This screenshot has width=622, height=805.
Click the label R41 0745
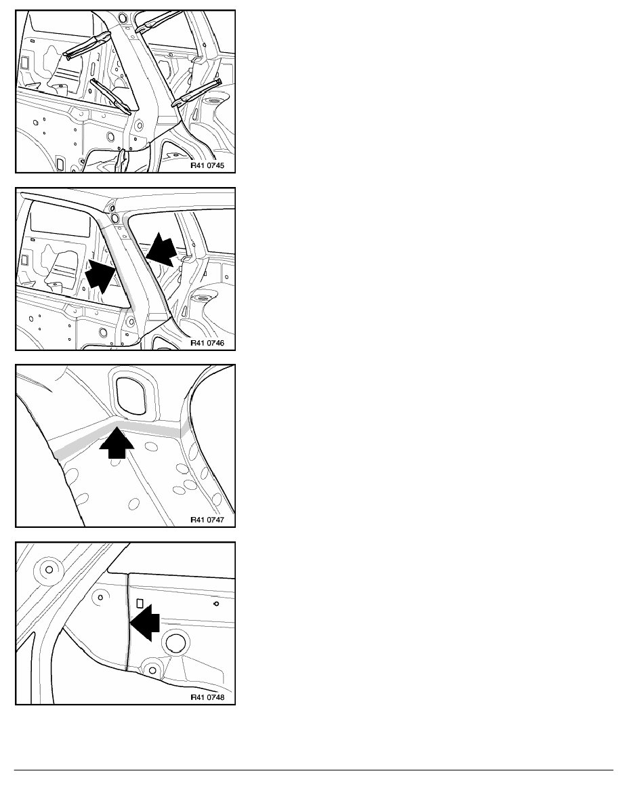[x=207, y=165]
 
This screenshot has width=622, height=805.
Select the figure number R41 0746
[x=207, y=342]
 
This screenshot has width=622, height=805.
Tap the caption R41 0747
[x=207, y=520]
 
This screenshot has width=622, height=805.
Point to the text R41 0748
[x=207, y=697]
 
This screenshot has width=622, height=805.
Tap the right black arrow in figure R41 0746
[x=161, y=249]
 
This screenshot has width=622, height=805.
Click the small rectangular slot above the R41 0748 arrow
[x=140, y=603]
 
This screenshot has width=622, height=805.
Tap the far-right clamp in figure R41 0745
[x=197, y=93]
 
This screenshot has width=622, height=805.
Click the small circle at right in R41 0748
[x=216, y=604]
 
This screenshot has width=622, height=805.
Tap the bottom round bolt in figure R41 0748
[x=151, y=670]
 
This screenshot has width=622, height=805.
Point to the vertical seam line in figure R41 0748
[x=127, y=622]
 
